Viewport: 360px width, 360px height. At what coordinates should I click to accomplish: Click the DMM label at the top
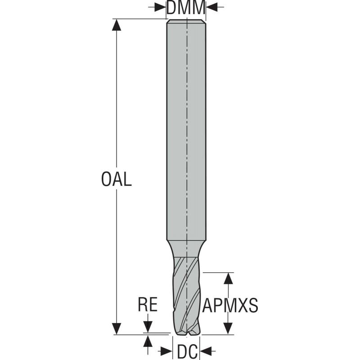[186, 8]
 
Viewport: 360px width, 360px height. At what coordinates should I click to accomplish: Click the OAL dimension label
[117, 179]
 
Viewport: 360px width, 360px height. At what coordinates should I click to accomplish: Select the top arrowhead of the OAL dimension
[117, 25]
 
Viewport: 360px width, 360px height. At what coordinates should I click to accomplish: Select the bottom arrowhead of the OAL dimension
[117, 328]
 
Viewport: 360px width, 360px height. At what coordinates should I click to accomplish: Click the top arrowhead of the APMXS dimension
[229, 278]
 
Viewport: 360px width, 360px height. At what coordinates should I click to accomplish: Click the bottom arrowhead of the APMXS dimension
[229, 328]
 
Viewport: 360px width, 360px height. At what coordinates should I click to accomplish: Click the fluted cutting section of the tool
[186, 292]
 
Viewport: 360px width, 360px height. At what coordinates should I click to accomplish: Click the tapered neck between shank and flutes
[186, 247]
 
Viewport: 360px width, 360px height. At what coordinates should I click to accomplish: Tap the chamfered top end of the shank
[186, 21]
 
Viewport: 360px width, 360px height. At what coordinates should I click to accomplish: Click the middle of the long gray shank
[186, 130]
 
